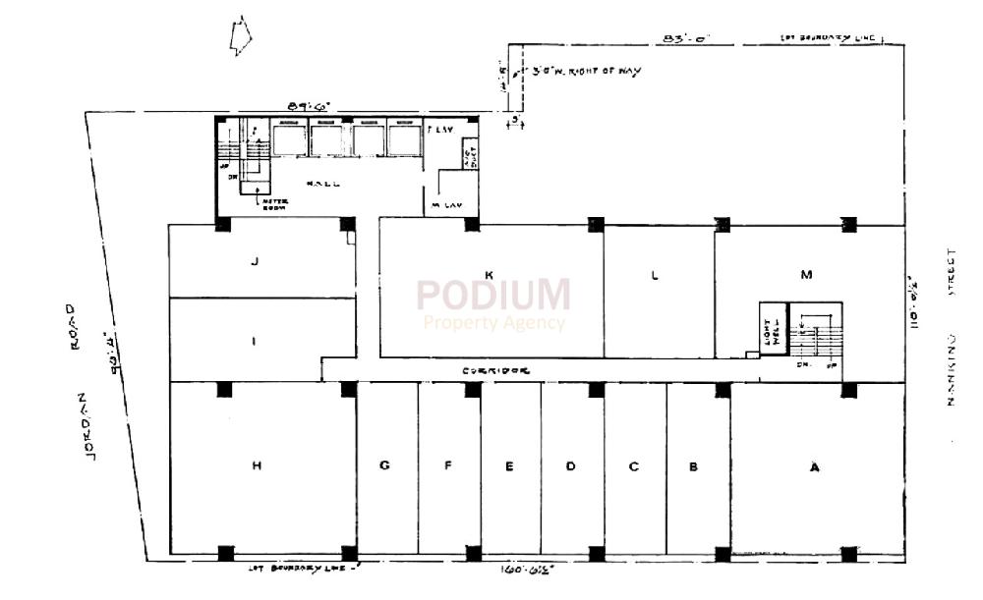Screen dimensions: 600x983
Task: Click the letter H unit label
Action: (x=256, y=466)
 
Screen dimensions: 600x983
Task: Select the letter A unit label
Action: (x=813, y=467)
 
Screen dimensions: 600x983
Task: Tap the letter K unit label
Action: (x=489, y=274)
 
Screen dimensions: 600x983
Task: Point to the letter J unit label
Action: (x=255, y=261)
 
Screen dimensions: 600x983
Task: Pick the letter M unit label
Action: (x=806, y=275)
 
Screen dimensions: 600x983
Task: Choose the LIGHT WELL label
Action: (x=771, y=331)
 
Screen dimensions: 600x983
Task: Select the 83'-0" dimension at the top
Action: (x=685, y=38)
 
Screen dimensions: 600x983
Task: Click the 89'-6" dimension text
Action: (x=307, y=105)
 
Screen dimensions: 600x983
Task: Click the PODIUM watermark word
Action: (x=492, y=295)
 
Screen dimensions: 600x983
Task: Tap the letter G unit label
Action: (x=384, y=466)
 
